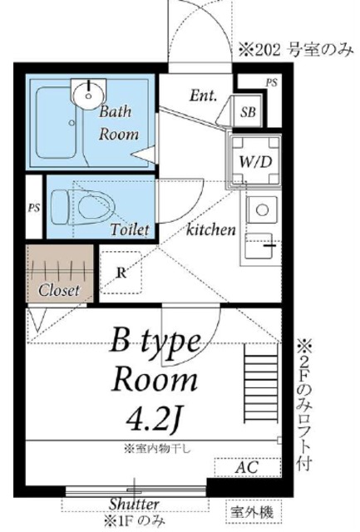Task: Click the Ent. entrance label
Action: coord(203,96)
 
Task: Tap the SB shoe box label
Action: coord(248,112)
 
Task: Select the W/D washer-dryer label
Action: coord(255,162)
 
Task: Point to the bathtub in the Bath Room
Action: coord(57,122)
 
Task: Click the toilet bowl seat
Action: coord(96,207)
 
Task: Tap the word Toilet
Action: coord(130,229)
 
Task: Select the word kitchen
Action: coord(211,229)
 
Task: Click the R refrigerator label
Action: coord(121,273)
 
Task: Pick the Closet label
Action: coord(59,290)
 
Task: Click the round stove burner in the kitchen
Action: coord(262,209)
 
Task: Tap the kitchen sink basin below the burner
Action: coord(259,245)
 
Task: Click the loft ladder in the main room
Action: coord(261,383)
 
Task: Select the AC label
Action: coord(247,467)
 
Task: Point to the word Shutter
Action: coord(134,505)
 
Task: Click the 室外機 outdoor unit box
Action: coord(253,512)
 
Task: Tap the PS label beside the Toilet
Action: coord(34,208)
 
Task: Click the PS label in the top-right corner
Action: coord(271,82)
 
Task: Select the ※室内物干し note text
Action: coord(157,449)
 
